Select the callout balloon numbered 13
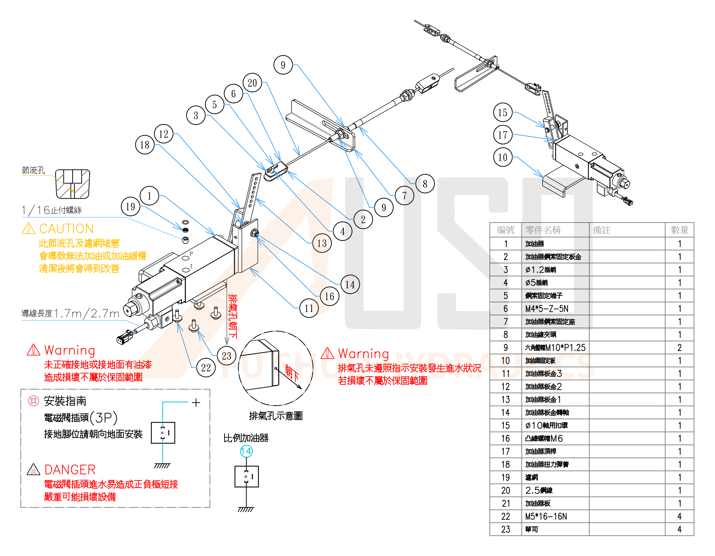click(322, 243)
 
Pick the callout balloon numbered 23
click(226, 356)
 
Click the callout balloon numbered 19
click(130, 207)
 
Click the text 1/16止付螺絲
click(52, 210)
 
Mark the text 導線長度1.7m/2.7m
click(70, 314)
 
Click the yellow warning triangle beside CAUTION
click(28, 228)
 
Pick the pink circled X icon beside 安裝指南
click(34, 401)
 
